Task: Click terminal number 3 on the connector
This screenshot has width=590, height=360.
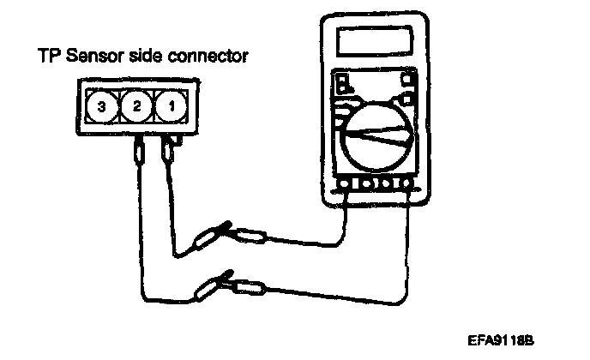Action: point(102,107)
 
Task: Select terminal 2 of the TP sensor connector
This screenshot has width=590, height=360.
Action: point(135,107)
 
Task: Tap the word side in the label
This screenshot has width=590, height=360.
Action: point(154,57)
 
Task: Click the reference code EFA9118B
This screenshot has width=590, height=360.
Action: point(501,339)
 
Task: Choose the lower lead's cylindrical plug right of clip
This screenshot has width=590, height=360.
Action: point(252,278)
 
